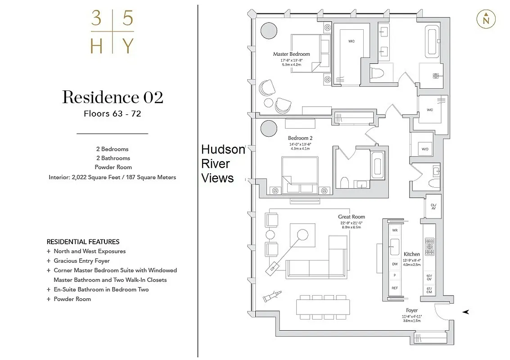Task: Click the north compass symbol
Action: [486, 19]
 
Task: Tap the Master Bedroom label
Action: [291, 54]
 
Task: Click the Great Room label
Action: [352, 217]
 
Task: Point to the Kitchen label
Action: [411, 254]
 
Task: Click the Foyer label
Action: [411, 310]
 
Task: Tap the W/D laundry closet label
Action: [425, 149]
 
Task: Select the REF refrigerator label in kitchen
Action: [395, 288]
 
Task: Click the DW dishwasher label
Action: [395, 265]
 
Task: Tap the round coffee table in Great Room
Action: [302, 235]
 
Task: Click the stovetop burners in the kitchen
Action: [429, 247]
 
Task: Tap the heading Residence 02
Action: [113, 97]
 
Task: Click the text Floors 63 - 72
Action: [113, 114]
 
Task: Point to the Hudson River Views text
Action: [222, 164]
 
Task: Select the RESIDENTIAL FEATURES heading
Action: [83, 242]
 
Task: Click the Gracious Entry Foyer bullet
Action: [81, 261]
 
